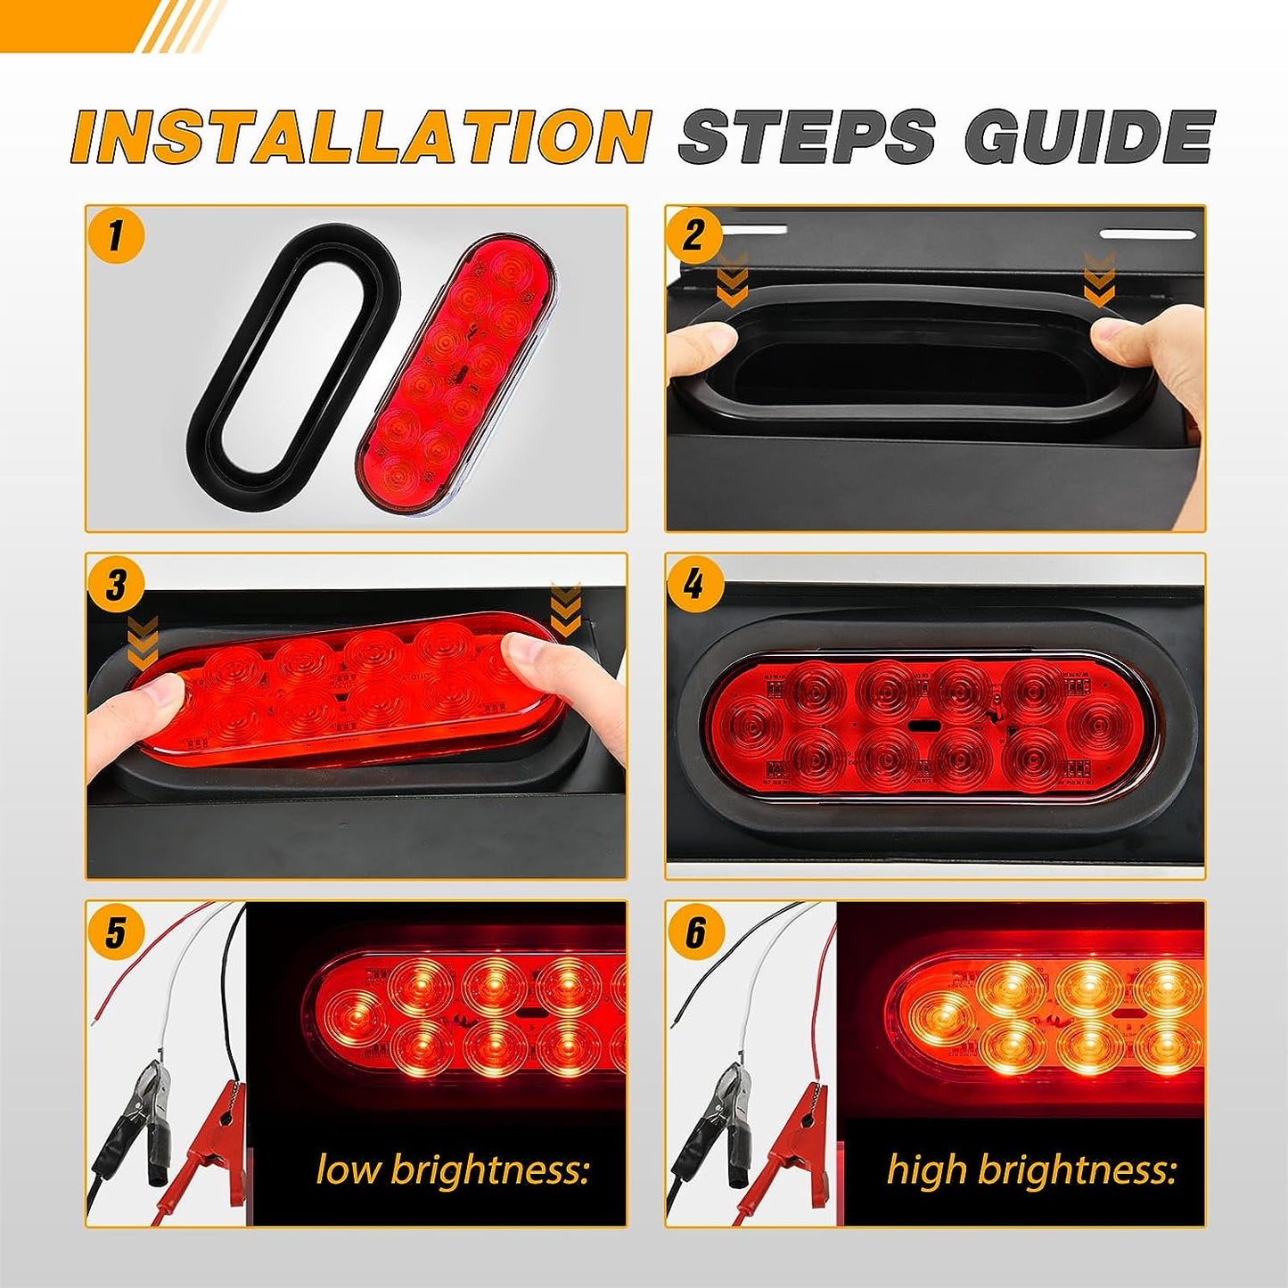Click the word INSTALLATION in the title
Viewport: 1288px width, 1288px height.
[x=361, y=136]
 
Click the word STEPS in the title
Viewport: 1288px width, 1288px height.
[x=808, y=136]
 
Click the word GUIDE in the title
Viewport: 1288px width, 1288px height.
[x=1089, y=136]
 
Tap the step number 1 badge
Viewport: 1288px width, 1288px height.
[x=116, y=237]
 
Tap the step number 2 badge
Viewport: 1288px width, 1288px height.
[x=694, y=237]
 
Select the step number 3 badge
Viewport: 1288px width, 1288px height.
[x=116, y=586]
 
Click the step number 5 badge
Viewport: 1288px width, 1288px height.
[x=116, y=932]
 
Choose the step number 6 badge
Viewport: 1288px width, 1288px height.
[x=694, y=932]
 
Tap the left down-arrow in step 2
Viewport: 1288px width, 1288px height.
[x=734, y=277]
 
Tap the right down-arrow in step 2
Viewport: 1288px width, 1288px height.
[x=1099, y=277]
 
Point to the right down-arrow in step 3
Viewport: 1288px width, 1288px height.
[x=566, y=610]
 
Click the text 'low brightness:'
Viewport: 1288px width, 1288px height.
[x=453, y=1169]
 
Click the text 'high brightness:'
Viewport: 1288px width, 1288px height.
[x=1031, y=1169]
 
